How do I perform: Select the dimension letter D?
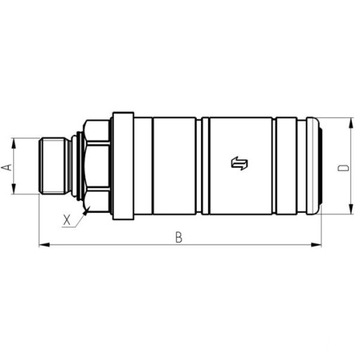tap(344, 167)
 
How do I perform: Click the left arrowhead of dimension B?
tap(40, 244)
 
